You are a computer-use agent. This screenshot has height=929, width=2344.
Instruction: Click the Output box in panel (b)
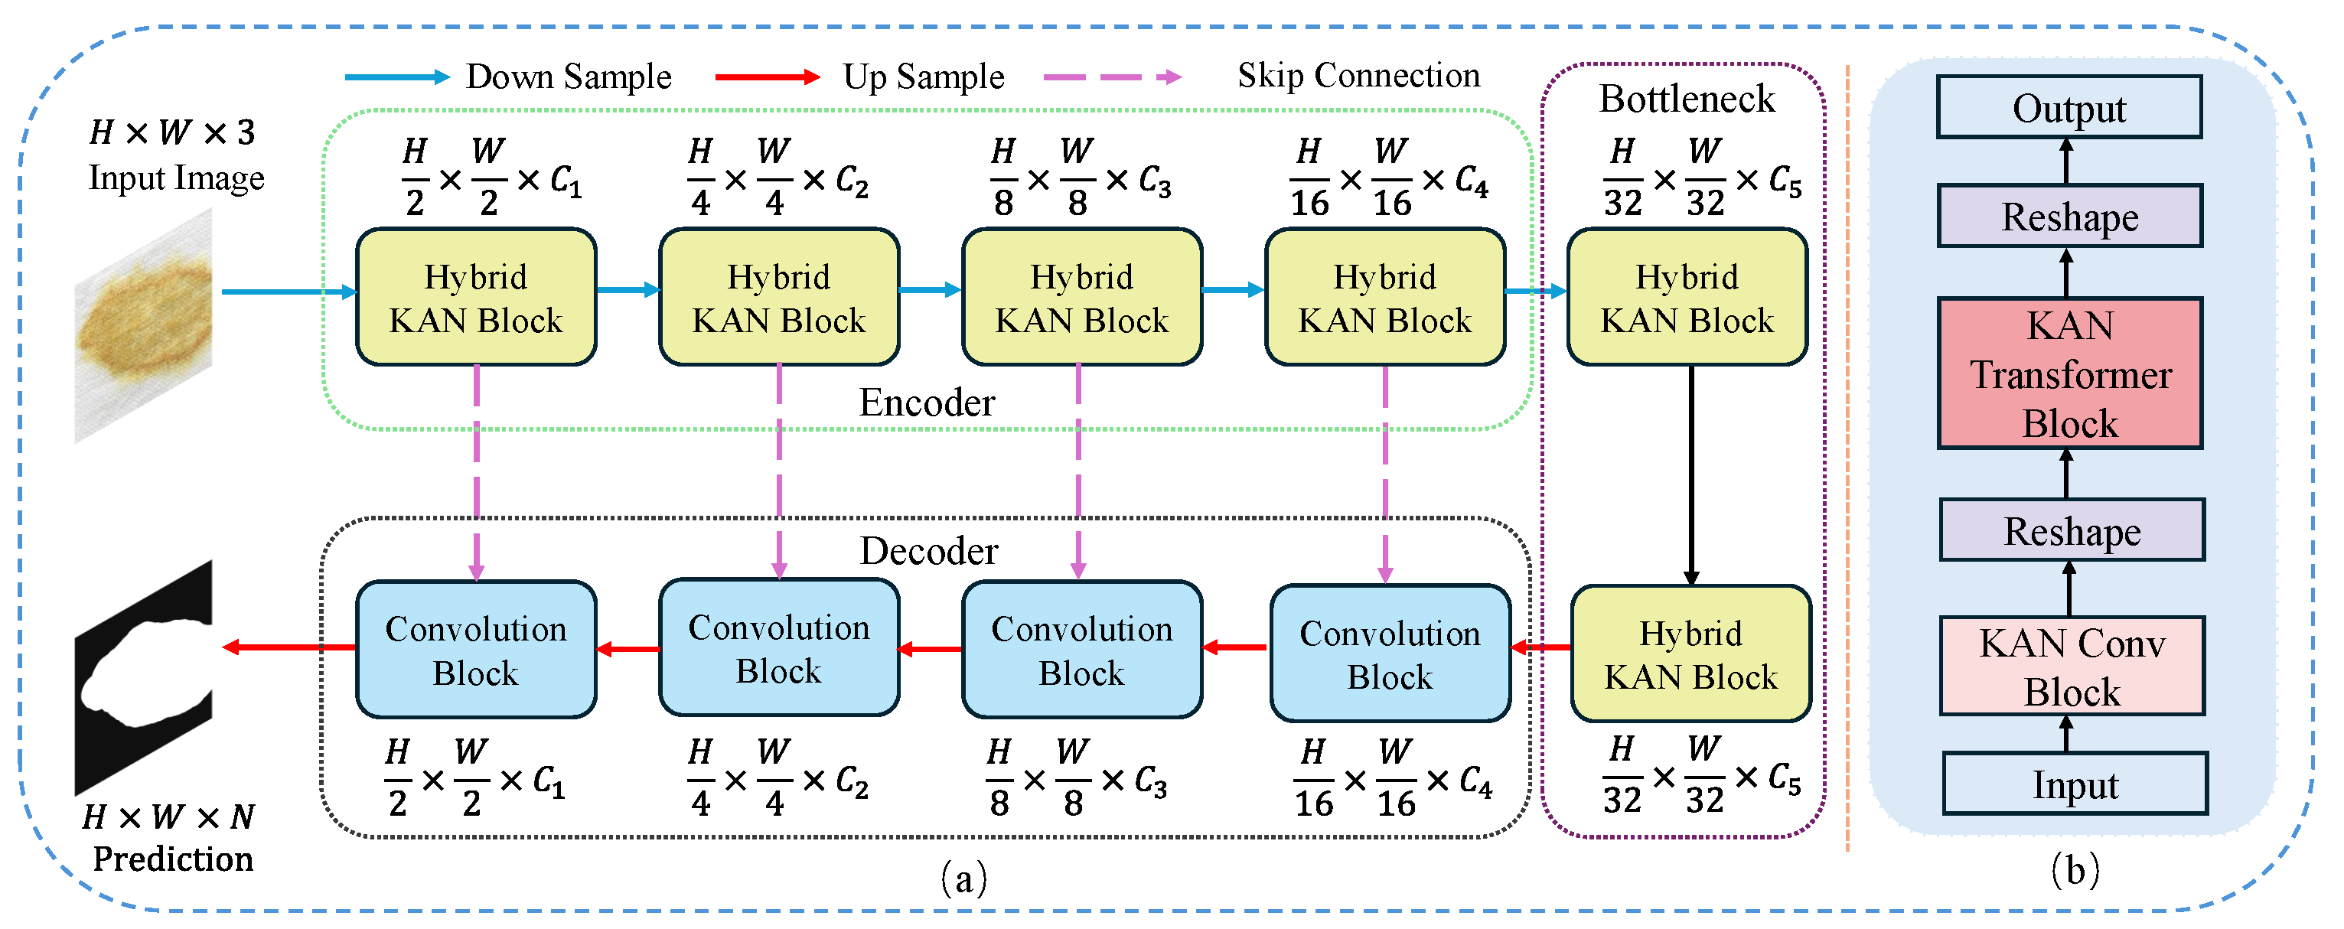(x=2069, y=107)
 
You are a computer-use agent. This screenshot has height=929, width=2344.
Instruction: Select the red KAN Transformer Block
(x=2070, y=373)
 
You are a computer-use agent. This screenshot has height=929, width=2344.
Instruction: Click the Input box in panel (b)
(x=2075, y=784)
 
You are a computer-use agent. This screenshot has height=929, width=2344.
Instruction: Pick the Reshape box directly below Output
(x=2070, y=217)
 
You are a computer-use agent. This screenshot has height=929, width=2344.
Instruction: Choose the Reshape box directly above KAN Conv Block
(x=2072, y=530)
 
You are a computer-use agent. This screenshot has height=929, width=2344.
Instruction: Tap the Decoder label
(x=928, y=550)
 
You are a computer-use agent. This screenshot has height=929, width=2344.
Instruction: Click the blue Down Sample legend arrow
(x=398, y=77)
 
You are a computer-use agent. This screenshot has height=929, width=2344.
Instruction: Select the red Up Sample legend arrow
(x=768, y=77)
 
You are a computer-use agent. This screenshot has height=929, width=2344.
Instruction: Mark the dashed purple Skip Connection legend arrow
(x=1113, y=77)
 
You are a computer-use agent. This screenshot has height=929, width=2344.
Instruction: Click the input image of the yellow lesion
(x=144, y=324)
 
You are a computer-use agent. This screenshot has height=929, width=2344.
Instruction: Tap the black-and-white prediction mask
(x=144, y=678)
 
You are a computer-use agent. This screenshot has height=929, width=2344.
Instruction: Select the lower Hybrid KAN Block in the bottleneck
(x=1690, y=654)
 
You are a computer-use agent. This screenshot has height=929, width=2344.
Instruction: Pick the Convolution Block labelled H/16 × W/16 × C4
(x=1390, y=654)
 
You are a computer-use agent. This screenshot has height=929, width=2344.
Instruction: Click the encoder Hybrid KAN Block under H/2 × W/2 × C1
(x=476, y=298)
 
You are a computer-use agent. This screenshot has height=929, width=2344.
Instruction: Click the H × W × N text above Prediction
(x=168, y=817)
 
